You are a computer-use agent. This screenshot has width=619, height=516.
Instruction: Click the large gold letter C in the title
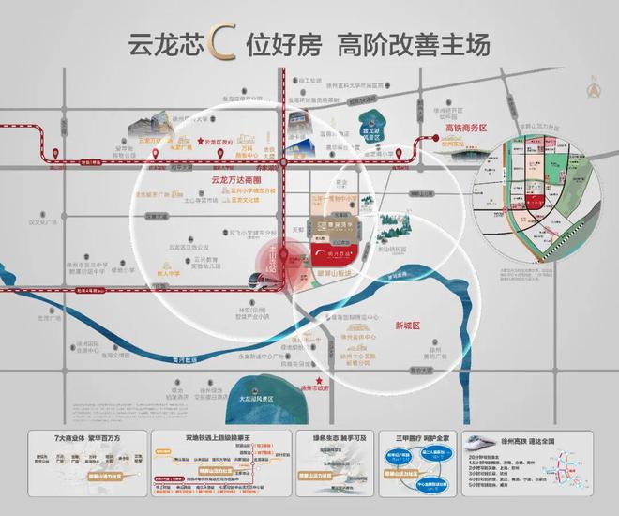(x=224, y=45)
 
